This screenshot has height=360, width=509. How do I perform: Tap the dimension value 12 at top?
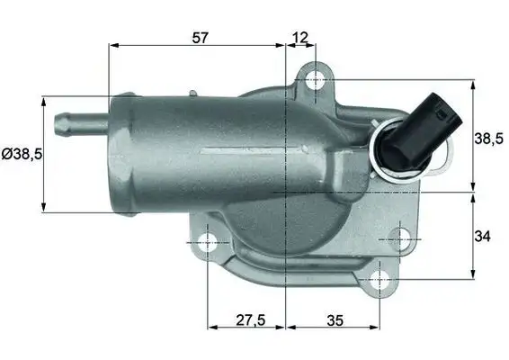(x=300, y=37)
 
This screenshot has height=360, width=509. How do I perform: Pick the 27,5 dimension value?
(x=246, y=319)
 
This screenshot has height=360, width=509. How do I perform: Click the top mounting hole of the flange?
(x=315, y=81)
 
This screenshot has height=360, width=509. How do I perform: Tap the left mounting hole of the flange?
(x=208, y=241)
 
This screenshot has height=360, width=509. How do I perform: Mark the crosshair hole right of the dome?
(x=396, y=240)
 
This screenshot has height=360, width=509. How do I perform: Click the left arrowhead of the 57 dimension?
(x=112, y=46)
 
